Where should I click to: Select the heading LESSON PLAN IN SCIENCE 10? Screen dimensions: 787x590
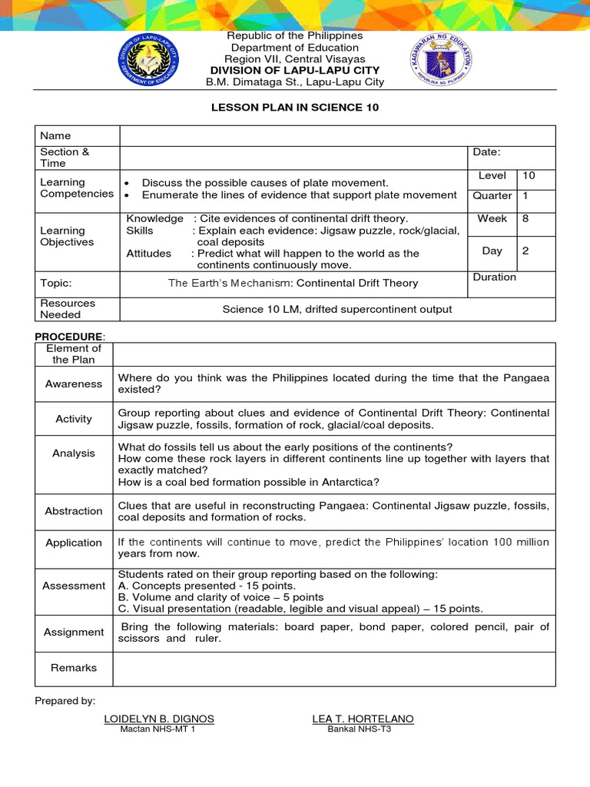[x=295, y=108]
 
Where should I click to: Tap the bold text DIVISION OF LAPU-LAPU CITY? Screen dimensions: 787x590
[x=293, y=71]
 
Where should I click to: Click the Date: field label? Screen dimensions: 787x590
[x=486, y=152]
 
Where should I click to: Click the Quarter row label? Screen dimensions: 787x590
[x=492, y=196]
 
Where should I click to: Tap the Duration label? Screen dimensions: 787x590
[x=495, y=277]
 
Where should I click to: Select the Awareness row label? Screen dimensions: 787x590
[x=74, y=384]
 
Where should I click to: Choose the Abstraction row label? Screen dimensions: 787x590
[x=74, y=511]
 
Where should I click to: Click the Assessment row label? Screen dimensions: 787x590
[x=74, y=586]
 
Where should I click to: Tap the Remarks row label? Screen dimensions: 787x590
[x=74, y=668]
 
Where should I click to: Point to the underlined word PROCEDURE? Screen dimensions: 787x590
[x=69, y=337]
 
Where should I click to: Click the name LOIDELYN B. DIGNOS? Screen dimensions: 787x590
[x=159, y=719]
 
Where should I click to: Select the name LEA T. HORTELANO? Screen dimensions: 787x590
[x=363, y=719]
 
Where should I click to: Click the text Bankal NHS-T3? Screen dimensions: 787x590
[x=359, y=729]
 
